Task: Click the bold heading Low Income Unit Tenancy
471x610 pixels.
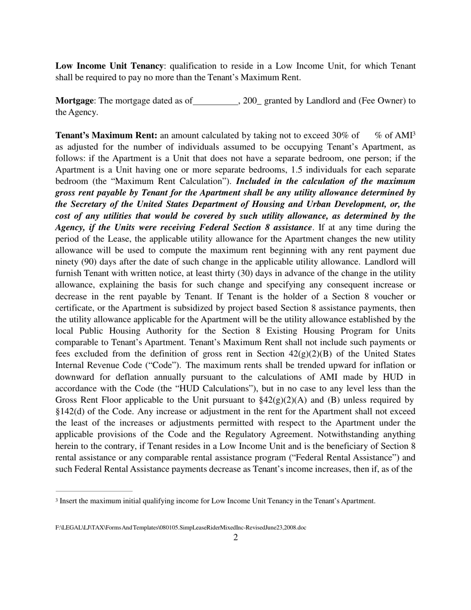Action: [109, 66]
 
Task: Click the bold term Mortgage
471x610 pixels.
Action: [74, 101]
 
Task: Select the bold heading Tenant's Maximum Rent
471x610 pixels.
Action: [106, 135]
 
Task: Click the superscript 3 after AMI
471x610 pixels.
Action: [414, 134]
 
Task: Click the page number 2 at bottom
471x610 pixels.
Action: [235, 538]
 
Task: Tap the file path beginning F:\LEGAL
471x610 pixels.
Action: [180, 528]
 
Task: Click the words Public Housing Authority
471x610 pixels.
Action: [124, 331]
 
